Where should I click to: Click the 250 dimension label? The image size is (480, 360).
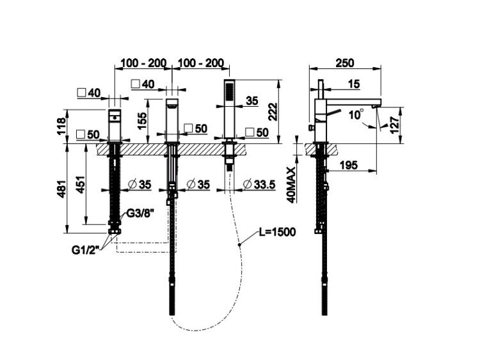click(345, 63)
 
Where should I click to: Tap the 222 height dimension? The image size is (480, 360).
click(273, 112)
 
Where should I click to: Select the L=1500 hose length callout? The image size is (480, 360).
click(277, 232)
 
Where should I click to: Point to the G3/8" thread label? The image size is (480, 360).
click(140, 214)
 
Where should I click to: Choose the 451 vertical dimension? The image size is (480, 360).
click(80, 184)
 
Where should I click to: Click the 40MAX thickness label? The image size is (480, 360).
click(292, 185)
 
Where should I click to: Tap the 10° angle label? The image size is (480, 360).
click(356, 114)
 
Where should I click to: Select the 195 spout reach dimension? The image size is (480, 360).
click(349, 165)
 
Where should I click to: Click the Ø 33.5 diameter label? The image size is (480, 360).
click(259, 184)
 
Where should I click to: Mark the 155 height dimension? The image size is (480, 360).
click(142, 120)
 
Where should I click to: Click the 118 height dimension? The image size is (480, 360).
click(61, 126)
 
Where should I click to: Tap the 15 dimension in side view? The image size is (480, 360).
click(354, 84)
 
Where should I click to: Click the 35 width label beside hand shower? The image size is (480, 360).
click(252, 100)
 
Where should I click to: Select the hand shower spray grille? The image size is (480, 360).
click(228, 91)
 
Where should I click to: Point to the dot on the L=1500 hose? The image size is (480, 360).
click(240, 244)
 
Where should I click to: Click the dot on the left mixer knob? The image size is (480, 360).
click(115, 117)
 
